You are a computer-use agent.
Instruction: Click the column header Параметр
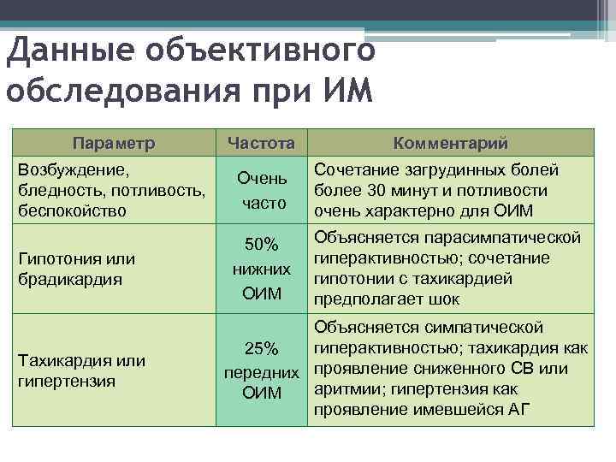coord(114,143)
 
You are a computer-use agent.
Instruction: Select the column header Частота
coord(261,143)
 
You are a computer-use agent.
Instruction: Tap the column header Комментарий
coord(450,143)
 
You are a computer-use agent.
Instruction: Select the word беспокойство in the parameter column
coord(72,210)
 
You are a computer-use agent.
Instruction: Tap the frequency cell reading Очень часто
coord(261,190)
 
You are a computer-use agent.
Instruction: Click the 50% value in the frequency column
coord(261,246)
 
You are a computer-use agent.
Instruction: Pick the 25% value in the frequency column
coord(261,349)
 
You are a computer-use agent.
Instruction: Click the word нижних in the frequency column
coord(261,269)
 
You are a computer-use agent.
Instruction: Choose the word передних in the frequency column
coord(261,373)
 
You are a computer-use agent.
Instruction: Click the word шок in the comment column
coord(444,299)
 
